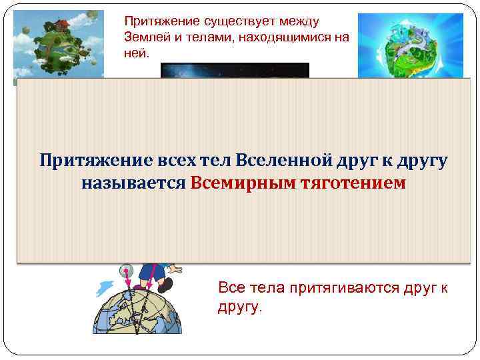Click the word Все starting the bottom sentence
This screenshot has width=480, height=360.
tap(230, 287)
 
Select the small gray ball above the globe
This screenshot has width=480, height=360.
tap(125, 271)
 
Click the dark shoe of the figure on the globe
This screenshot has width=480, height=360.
tap(164, 285)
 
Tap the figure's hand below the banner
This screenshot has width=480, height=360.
tap(174, 267)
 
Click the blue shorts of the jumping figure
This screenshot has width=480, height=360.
tap(146, 271)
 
